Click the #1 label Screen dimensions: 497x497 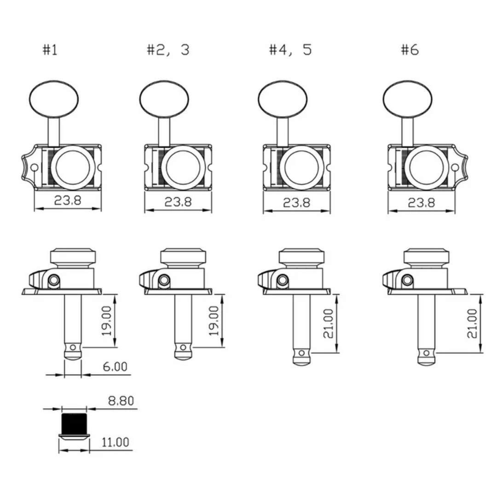point(50,50)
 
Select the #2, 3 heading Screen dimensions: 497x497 point(168,50)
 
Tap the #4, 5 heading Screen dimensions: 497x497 point(290,50)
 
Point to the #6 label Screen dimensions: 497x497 point(410,50)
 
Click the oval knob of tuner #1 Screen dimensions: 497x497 point(53,99)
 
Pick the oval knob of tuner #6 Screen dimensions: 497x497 point(407,99)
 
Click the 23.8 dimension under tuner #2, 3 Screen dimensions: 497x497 point(178,202)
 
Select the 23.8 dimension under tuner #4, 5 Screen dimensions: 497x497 point(297,202)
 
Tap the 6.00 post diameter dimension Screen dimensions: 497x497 point(115,367)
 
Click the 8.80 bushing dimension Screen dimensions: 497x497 point(121,401)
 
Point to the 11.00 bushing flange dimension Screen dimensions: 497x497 point(116,442)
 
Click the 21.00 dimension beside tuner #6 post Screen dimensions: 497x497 point(472,324)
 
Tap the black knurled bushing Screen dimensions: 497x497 point(74,423)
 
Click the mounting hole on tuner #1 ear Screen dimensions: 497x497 point(34,168)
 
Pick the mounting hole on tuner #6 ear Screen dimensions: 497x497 point(455,168)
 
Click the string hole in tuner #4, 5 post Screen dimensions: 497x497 point(301,353)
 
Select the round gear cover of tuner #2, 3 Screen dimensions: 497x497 point(183,168)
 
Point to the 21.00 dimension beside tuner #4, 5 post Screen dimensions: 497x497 point(329,324)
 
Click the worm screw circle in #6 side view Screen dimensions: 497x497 point(407,280)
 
